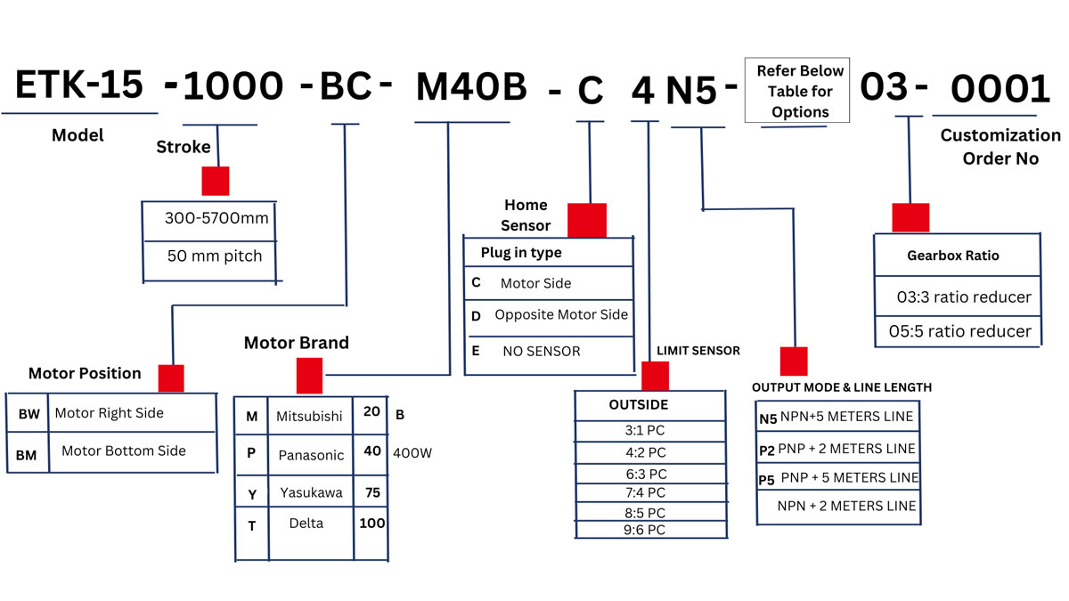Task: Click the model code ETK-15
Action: (x=79, y=85)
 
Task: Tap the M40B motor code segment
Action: (x=471, y=87)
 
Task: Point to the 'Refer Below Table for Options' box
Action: (x=797, y=91)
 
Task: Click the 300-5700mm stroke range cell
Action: (x=216, y=218)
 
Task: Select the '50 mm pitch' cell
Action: (x=215, y=256)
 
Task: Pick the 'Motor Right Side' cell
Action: (x=110, y=413)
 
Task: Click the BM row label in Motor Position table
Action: (x=26, y=454)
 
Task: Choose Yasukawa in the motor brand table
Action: (x=309, y=492)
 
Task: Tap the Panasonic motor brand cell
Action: (x=311, y=455)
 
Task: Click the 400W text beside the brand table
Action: (x=412, y=453)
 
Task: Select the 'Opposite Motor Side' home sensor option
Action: (x=561, y=315)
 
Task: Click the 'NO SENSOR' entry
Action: (x=541, y=352)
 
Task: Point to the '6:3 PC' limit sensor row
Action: (x=646, y=475)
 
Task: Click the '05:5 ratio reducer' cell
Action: (x=959, y=331)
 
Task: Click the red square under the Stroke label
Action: (x=216, y=181)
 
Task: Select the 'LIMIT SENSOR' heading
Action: (x=698, y=351)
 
